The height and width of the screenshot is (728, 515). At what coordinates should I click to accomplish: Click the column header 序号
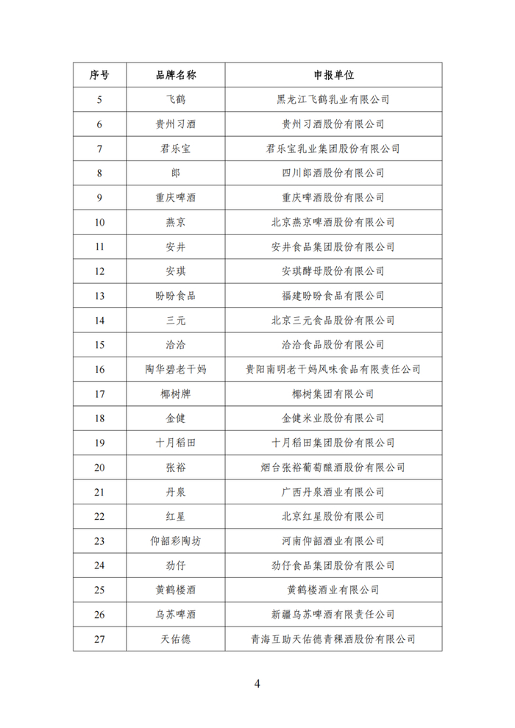coord(99,75)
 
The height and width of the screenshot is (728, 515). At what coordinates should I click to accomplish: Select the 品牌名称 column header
coord(175,75)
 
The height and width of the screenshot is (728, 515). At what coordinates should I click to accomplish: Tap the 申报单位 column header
coord(333,75)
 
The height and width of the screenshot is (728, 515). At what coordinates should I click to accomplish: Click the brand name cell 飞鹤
coord(175,99)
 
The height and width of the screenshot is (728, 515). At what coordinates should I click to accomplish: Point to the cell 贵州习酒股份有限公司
coord(333,124)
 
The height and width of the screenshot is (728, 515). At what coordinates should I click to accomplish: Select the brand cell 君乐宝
coord(175,149)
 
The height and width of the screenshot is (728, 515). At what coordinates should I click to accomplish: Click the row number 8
coord(99,174)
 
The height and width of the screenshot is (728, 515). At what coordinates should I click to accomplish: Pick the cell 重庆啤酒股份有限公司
coord(333,198)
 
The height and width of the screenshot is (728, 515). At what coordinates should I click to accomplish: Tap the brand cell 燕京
coord(175,222)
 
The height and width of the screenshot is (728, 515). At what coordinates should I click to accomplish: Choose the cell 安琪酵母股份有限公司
coord(333,271)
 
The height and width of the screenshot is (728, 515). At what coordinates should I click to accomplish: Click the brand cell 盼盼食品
coord(175,296)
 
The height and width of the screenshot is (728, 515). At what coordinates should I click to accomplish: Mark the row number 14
coord(99,321)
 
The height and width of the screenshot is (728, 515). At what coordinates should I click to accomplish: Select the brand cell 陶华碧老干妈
coord(175,369)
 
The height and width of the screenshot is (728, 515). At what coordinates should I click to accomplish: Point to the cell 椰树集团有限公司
coord(333,394)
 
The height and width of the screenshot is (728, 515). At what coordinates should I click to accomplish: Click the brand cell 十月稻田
coord(175,443)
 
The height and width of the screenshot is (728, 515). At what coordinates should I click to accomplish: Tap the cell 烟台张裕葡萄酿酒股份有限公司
coord(333,468)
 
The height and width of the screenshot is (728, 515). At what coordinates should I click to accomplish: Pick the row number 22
coord(99,516)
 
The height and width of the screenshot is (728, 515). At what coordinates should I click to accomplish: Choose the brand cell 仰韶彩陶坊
coord(175,541)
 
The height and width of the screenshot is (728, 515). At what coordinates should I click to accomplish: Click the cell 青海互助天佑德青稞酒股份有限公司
coord(333,639)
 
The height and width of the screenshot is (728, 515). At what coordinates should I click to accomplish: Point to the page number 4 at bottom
coord(257,683)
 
